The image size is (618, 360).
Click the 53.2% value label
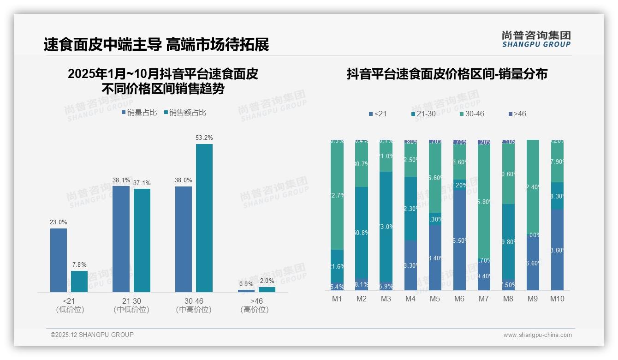pyautogui.click(x=204, y=138)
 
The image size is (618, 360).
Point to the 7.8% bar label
pyautogui.click(x=79, y=264)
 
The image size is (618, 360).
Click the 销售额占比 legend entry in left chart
pyautogui.click(x=185, y=112)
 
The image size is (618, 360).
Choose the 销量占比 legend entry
pyautogui.click(x=139, y=112)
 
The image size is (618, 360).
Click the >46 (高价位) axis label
pyautogui.click(x=255, y=305)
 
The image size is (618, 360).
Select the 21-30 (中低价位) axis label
pyautogui.click(x=131, y=305)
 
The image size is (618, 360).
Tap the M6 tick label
pyautogui.click(x=459, y=299)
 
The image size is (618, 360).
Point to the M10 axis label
pyautogui.click(x=557, y=299)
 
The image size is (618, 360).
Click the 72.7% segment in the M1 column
pyautogui.click(x=337, y=195)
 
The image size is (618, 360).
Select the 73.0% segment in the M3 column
pyautogui.click(x=386, y=227)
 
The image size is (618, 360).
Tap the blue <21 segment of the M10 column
pyautogui.click(x=557, y=250)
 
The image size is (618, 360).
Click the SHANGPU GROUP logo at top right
pyautogui.click(x=536, y=39)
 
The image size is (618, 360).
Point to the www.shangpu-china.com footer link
pyautogui.click(x=537, y=335)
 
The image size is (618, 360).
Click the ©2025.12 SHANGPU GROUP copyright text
pyautogui.click(x=92, y=335)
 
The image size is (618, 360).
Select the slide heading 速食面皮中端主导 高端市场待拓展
pyautogui.click(x=156, y=45)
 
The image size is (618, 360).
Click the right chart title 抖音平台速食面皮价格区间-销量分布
pyautogui.click(x=447, y=74)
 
